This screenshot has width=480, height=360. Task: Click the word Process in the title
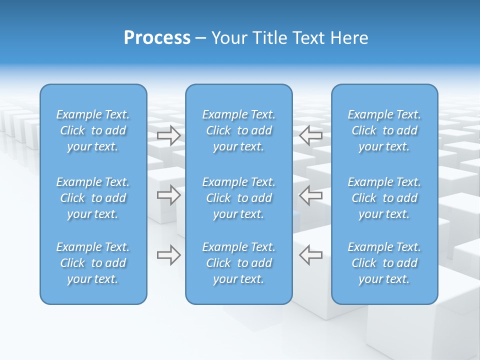coord(157,38)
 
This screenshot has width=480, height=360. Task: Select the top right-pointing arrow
coord(168,135)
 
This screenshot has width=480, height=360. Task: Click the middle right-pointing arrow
coord(168,195)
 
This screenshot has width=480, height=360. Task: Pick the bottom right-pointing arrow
coord(168,255)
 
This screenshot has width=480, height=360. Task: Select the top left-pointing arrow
coord(310,135)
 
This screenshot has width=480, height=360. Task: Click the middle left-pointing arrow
coord(310,195)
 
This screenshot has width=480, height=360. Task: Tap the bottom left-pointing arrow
coord(310,255)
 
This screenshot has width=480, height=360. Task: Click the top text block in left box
coord(93,130)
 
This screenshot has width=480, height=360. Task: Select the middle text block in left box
coord(93,198)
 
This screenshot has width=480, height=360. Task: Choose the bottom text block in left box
coord(93,263)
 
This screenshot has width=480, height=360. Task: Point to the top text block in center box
coord(238,130)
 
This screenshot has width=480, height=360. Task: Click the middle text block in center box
coord(238,198)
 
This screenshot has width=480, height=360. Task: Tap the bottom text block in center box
coord(238,263)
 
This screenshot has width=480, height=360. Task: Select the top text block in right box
coord(384,130)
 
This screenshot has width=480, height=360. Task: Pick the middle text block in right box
coord(384,198)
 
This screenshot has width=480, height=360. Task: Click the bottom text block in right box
coord(384,263)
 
